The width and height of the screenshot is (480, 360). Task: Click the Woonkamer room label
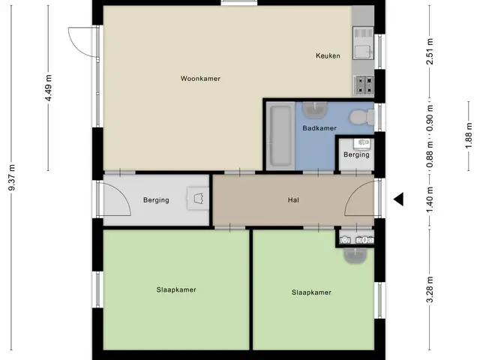[x=200, y=79]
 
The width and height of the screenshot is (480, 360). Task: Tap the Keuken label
[x=328, y=55]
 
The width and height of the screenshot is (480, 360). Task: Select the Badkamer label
[x=319, y=128]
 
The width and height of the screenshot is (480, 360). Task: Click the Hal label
[x=293, y=200]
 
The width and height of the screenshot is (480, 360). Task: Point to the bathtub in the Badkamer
[x=279, y=136]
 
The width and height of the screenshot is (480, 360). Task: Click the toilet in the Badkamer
[x=361, y=117]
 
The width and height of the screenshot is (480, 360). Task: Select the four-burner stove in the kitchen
[x=364, y=85]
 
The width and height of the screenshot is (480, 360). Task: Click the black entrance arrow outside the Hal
[x=398, y=199]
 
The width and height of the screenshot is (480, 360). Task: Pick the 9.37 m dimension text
[x=12, y=177]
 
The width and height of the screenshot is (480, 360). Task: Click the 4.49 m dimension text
[x=49, y=88]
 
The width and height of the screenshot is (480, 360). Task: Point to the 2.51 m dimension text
[x=430, y=52]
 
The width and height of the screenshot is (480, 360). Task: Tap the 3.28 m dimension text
[x=430, y=289]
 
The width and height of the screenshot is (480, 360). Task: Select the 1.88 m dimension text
[x=469, y=136]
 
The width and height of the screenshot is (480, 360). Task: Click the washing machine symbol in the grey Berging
[x=198, y=198]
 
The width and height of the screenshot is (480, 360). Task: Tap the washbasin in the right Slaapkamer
[x=355, y=256]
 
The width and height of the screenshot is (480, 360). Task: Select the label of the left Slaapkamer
[x=176, y=289]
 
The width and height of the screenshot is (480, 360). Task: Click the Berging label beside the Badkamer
[x=356, y=154]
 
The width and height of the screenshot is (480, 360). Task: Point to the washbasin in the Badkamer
[x=314, y=109]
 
